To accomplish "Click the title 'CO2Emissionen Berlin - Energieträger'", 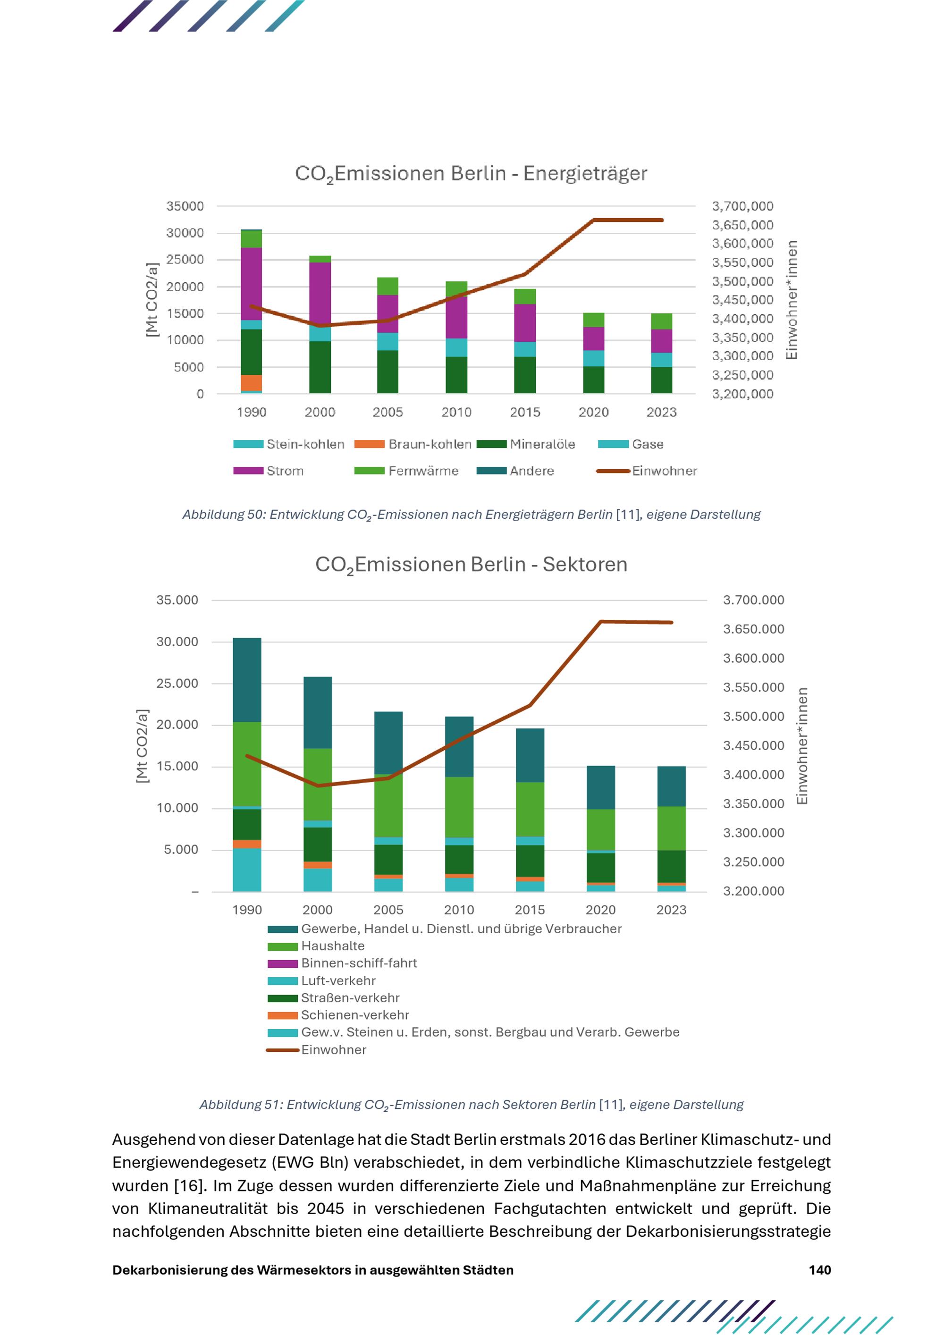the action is coord(471,174).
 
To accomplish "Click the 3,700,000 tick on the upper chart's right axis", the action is coord(742,206).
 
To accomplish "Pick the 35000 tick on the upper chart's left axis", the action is coord(185,206).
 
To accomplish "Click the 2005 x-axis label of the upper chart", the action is coord(388,412).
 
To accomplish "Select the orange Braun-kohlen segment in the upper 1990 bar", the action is coord(251,383).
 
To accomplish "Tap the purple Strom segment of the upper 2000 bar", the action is coord(320,294).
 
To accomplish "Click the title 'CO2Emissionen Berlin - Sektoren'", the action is coord(471,565).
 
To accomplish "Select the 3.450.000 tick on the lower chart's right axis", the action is coord(753,745).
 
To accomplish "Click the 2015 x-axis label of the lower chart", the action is coord(530,910).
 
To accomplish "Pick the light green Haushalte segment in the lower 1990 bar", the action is coord(247,764).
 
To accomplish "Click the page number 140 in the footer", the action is coord(819,1270).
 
